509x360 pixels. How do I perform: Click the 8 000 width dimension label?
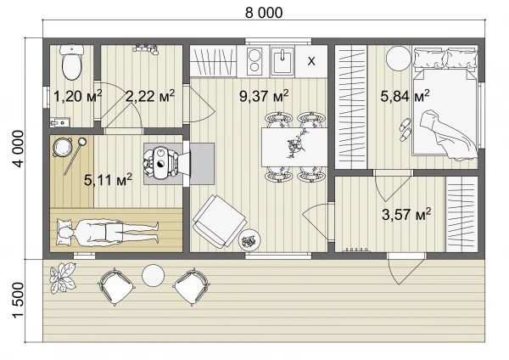click(264, 13)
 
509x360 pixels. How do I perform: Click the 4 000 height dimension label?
click(18, 149)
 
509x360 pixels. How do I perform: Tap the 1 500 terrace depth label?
click(18, 300)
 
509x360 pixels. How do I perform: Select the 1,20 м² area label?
click(77, 96)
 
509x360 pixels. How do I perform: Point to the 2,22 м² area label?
click(150, 96)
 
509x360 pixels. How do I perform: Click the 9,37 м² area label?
click(264, 96)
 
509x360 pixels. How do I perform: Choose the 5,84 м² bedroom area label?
click(405, 96)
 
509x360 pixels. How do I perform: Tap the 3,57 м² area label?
click(406, 215)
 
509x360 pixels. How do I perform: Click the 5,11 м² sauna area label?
click(108, 179)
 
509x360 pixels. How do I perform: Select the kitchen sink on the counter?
click(282, 61)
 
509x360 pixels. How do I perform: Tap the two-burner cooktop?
click(255, 60)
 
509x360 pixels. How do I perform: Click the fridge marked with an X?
click(311, 61)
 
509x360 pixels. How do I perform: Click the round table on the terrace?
click(153, 276)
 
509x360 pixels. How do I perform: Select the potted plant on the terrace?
click(63, 278)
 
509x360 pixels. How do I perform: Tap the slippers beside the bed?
click(405, 129)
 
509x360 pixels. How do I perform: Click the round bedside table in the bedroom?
click(399, 58)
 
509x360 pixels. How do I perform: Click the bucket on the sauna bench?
click(62, 147)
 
